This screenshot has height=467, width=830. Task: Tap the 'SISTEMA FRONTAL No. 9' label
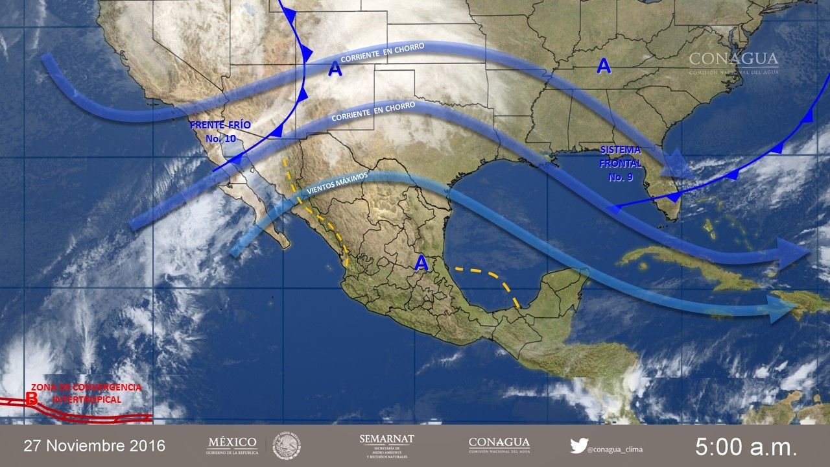[x=621, y=163]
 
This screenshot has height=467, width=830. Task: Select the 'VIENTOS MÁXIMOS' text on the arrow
[x=336, y=183]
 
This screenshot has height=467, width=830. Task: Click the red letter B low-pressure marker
[x=30, y=398]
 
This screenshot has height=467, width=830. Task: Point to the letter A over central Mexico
[x=421, y=263]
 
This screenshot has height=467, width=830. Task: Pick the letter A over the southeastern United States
[x=604, y=66]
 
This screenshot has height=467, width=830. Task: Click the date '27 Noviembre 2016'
[x=95, y=446]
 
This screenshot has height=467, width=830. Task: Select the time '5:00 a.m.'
[x=746, y=446]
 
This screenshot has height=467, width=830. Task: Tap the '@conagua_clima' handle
[x=615, y=447]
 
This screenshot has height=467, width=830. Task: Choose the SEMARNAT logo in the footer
[x=386, y=446]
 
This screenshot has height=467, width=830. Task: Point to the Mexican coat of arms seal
[x=285, y=446]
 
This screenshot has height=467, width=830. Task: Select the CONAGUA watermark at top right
[x=733, y=62]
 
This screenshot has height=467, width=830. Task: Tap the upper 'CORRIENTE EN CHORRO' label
[x=382, y=51]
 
